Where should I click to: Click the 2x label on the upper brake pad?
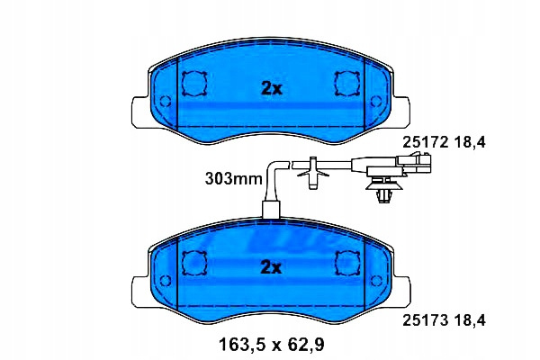pyautogui.click(x=272, y=89)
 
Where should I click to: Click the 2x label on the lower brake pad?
pyautogui.click(x=272, y=267)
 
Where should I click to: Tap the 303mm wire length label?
pyautogui.click(x=233, y=179)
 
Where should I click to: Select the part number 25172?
pyautogui.click(x=426, y=142)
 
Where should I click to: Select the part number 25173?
pyautogui.click(x=426, y=320)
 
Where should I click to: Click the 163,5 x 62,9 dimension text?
pyautogui.click(x=272, y=345)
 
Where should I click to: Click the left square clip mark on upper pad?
pyautogui.click(x=194, y=84)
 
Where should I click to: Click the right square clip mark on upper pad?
pyautogui.click(x=347, y=84)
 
